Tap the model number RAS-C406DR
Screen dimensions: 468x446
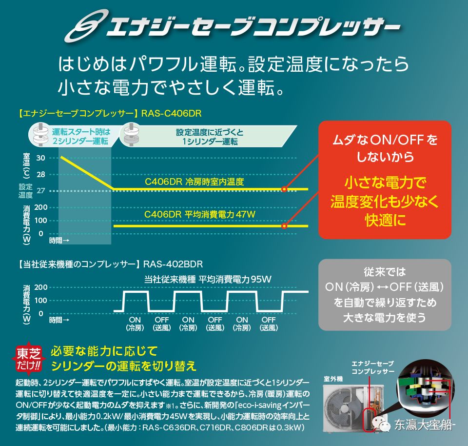pos(171,113)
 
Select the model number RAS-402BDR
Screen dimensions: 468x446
pos(173,264)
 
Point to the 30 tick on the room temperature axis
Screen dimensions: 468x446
pos(40,158)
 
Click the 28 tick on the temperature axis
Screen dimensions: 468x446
pos(40,174)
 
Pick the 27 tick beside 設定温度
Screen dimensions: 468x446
pos(40,191)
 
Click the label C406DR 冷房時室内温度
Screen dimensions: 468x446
pos(194,182)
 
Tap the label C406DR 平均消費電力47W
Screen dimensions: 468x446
pos(200,214)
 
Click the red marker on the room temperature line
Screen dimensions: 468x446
pos(284,189)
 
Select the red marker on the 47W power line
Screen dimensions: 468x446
pos(284,226)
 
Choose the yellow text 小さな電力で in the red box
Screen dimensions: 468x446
pos(385,183)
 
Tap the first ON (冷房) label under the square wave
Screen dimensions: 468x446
pos(135,324)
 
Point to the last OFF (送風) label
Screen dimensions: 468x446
pos(269,324)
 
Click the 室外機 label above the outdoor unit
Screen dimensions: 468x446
pos(333,379)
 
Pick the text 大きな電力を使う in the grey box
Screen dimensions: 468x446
pos(384,318)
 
